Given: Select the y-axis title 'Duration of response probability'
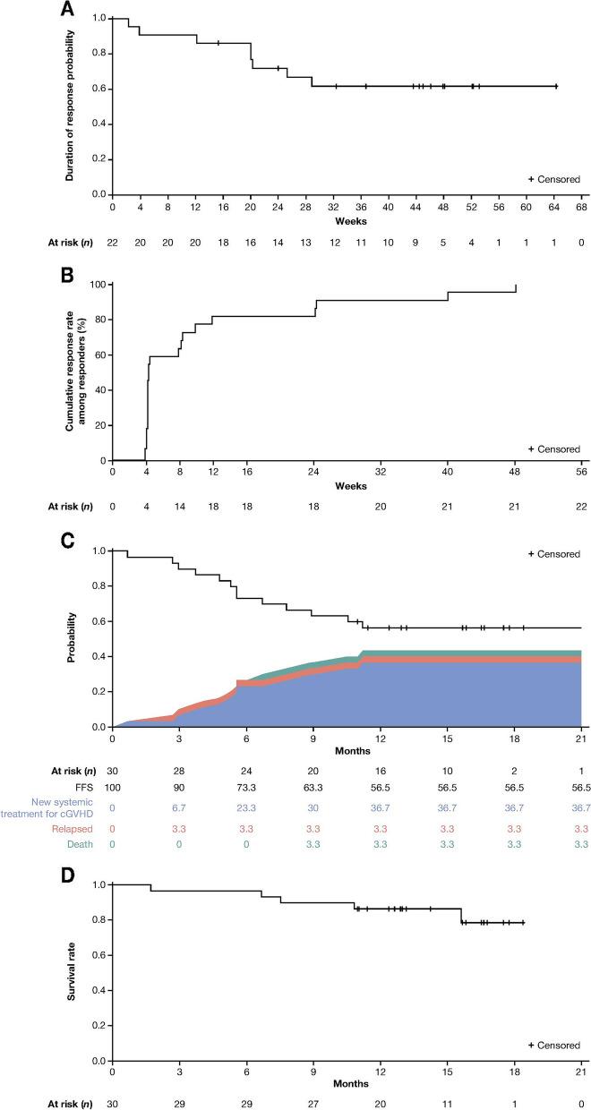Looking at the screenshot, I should pyautogui.click(x=70, y=106).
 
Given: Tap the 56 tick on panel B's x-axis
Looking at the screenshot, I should pyautogui.click(x=581, y=472).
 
